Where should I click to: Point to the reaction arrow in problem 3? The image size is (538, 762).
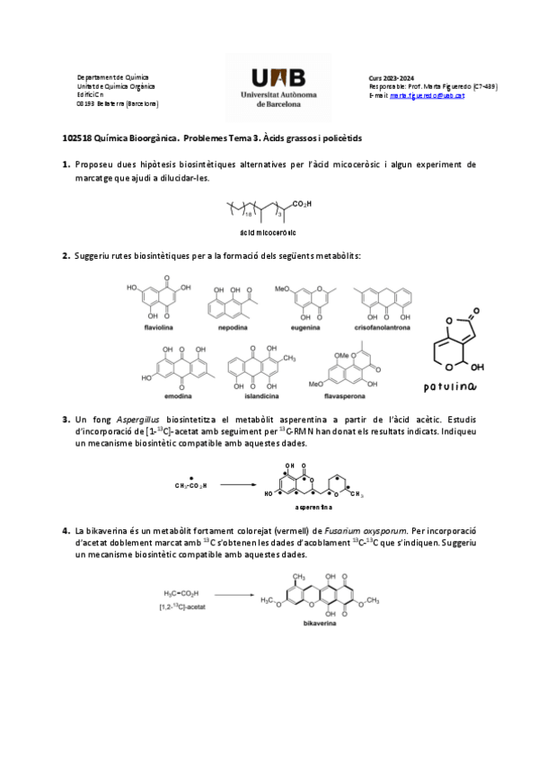[237, 485]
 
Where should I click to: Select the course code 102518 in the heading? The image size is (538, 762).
[77, 138]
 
